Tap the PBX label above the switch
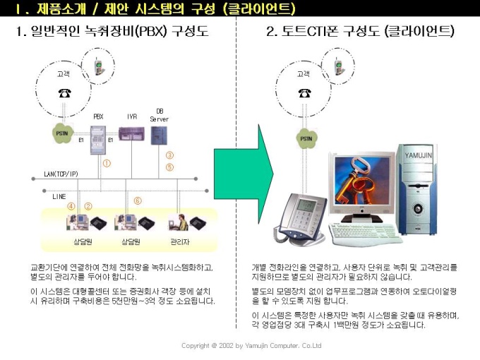click(98, 116)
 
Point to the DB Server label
click(159, 116)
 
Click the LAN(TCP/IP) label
click(61, 174)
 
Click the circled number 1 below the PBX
click(107, 162)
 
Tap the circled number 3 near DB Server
click(169, 155)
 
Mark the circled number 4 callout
click(71, 206)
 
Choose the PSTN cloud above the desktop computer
click(304, 138)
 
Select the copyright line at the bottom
click(251, 346)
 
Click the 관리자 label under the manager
click(179, 241)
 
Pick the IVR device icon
click(128, 133)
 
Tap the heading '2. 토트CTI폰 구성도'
click(360, 32)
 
